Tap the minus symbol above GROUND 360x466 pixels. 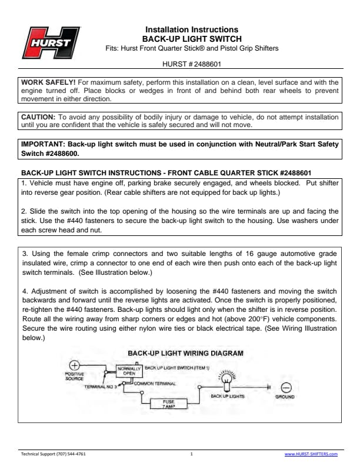click(x=286, y=388)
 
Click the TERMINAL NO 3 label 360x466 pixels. click(x=98, y=387)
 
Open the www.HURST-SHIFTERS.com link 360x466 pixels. click(x=311, y=454)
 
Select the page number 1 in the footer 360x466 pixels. click(x=192, y=454)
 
